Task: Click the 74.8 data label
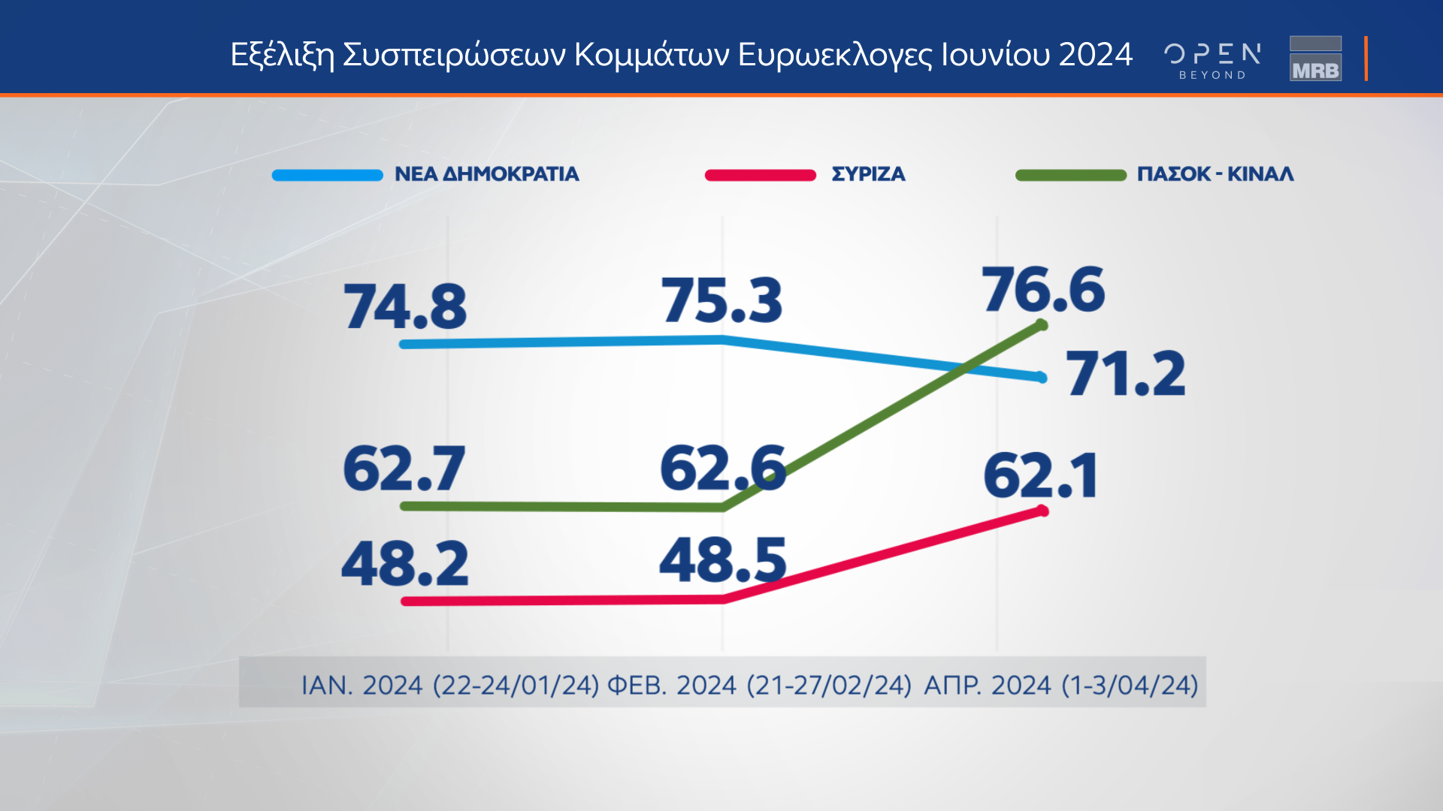pos(405,307)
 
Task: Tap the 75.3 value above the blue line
pos(721,300)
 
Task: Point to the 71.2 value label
pos(1126,374)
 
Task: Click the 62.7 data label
pos(404,469)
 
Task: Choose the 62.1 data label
pos(1041,476)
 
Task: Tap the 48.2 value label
pos(405,564)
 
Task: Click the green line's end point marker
pos(1042,325)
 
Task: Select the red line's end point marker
pos(1042,511)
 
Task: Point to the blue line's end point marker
pos(1042,378)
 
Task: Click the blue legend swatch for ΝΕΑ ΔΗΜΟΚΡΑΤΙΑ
pos(328,175)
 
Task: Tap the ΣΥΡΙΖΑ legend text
pos(868,174)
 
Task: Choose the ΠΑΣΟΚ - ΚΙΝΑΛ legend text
pos(1215,174)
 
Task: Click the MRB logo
pos(1315,59)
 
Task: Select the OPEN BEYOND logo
pos(1212,60)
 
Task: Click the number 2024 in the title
pos(1095,55)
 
